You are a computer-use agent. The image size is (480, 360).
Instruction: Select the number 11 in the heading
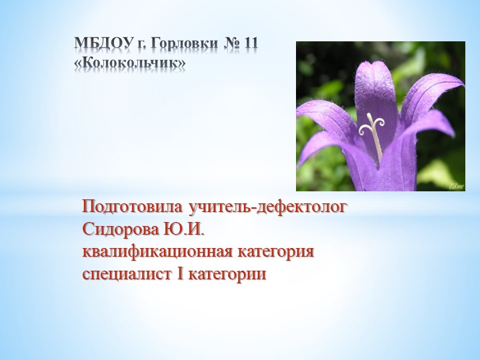tap(251, 45)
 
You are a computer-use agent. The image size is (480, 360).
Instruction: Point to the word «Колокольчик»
tap(130, 63)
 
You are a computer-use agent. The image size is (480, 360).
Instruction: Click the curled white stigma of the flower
tap(375, 123)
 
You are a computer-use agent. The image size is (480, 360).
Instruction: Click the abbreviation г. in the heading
tap(141, 45)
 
